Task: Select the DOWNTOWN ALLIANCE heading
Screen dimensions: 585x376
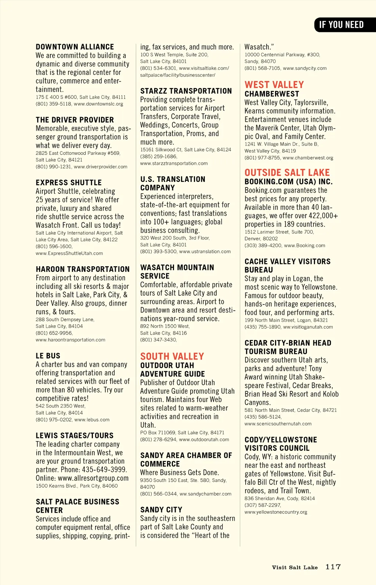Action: (75, 47)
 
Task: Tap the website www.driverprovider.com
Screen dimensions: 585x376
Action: (101, 167)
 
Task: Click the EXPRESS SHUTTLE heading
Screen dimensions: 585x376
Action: (69, 183)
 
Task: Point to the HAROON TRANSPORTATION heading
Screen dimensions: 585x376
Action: (83, 269)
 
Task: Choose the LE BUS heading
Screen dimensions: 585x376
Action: (48, 356)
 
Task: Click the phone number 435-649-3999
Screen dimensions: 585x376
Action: (103, 470)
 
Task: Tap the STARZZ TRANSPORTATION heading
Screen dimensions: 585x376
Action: (186, 91)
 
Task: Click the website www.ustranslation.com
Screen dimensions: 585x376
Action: (205, 252)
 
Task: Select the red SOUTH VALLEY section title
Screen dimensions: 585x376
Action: (172, 356)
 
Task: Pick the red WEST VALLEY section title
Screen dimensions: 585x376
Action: (274, 85)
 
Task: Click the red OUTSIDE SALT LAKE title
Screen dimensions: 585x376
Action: (287, 172)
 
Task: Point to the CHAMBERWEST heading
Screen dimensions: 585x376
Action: (272, 94)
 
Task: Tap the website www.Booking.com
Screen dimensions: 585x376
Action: (304, 246)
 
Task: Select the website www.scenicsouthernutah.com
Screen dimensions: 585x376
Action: (278, 424)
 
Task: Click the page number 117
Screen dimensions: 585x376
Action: (333, 567)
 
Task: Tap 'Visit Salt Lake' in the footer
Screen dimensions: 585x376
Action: (294, 567)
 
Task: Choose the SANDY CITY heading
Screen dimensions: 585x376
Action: (161, 510)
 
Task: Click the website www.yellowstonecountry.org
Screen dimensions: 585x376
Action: (276, 512)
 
